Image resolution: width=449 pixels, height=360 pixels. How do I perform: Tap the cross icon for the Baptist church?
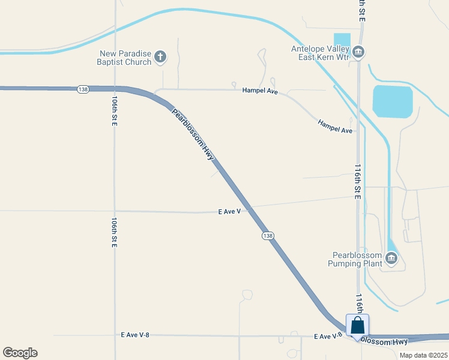tap(160, 58)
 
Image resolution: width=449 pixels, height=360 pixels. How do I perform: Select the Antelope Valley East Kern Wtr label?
tap(319, 53)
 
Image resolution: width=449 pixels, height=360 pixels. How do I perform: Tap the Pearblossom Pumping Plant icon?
tap(391, 259)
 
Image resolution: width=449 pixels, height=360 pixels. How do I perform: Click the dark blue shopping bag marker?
tap(357, 326)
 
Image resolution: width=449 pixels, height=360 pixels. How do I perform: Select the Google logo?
tap(20, 352)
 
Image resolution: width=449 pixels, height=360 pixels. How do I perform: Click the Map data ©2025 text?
tap(423, 355)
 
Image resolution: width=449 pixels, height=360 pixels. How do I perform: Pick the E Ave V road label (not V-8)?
tap(229, 212)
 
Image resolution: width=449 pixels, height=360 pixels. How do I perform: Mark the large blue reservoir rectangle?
tap(393, 101)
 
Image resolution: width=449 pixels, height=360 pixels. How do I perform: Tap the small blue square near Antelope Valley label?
tap(342, 40)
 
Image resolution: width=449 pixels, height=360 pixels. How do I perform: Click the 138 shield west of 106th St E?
tap(83, 89)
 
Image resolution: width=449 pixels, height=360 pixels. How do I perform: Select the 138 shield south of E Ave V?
tap(268, 236)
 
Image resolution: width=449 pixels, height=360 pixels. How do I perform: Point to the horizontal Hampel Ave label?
tap(260, 91)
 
